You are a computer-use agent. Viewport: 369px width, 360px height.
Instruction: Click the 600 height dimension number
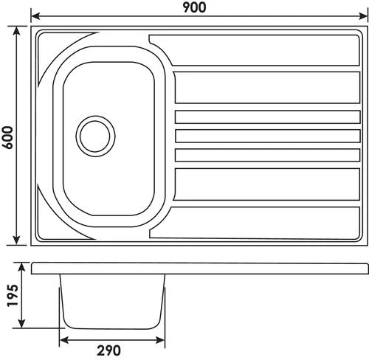point(8,135)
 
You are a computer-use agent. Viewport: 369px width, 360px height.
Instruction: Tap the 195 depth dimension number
point(9,295)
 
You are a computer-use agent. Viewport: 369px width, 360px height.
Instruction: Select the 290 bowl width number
point(111,350)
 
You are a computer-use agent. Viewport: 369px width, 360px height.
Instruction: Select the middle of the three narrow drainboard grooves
point(266,136)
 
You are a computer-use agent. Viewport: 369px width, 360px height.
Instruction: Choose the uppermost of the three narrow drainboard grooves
point(266,117)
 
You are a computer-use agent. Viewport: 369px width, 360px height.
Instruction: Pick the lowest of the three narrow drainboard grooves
point(266,154)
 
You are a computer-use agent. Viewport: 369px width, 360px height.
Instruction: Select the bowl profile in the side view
point(111,299)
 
